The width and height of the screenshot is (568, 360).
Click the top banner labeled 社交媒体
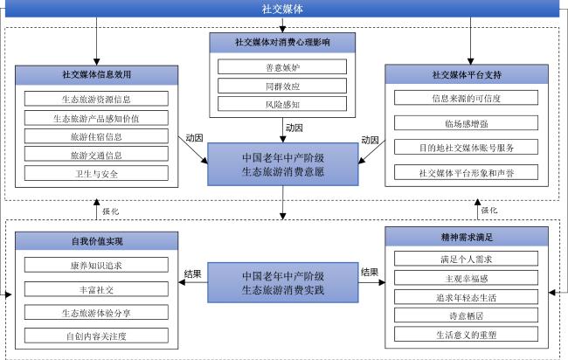282,9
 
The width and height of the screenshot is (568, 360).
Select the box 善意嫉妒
282,67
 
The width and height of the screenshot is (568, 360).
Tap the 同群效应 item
282,86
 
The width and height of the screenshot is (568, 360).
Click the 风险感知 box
282,104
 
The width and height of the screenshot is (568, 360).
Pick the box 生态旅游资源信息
96,99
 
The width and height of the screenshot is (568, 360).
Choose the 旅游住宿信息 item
96,136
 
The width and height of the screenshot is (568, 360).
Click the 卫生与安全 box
96,174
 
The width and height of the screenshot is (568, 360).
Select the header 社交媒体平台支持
467,74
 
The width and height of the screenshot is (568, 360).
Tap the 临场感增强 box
467,123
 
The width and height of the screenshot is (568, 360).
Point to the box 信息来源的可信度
467,98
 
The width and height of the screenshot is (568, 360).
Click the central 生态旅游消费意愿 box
283,164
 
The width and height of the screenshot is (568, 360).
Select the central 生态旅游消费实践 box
283,282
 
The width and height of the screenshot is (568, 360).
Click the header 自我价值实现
97,241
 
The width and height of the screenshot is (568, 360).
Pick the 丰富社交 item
96,289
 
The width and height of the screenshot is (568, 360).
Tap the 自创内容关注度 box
96,336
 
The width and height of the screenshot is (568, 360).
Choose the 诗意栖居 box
467,315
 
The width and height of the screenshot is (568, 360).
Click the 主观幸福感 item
467,278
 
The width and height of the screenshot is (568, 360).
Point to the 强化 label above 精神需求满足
489,210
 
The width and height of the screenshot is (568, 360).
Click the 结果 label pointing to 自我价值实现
193,273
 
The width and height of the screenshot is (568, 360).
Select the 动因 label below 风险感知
294,128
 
